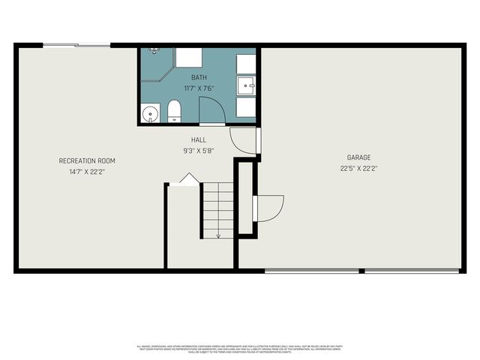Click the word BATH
coord(199,77)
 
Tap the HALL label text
coord(199,139)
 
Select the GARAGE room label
coord(358,157)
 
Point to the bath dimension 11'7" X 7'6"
coord(199,88)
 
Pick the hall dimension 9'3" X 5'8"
coord(199,150)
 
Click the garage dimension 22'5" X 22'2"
coord(358,168)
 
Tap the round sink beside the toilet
coord(151,114)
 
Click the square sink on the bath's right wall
coord(246,86)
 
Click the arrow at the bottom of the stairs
coord(218,234)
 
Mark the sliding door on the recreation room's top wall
coord(76,46)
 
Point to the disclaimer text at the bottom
coord(240,348)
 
